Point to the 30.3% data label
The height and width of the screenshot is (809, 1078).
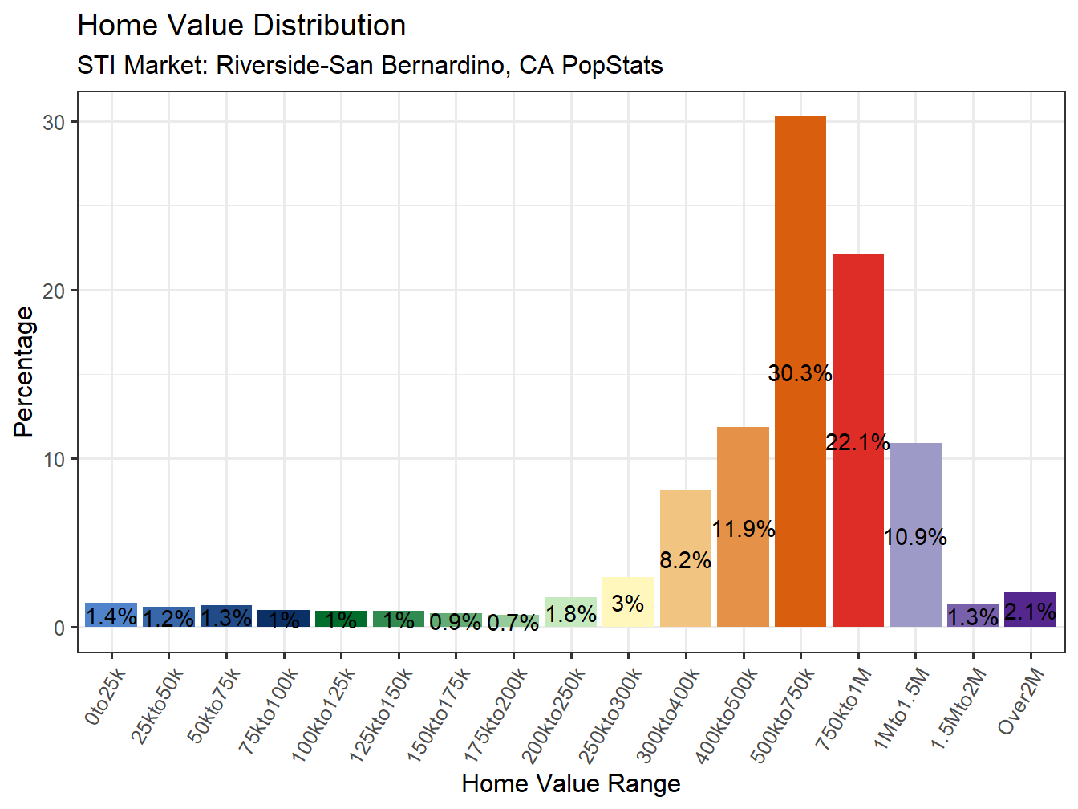click(800, 373)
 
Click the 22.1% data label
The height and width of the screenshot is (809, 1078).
click(857, 442)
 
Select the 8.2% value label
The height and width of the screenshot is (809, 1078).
click(685, 560)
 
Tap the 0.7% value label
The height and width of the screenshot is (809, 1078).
click(513, 623)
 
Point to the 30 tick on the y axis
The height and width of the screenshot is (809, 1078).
click(54, 123)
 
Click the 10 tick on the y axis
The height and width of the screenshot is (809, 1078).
click(54, 460)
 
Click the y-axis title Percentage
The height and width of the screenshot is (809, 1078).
click(24, 372)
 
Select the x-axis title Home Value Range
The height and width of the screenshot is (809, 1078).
click(571, 783)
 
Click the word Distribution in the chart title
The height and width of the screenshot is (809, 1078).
click(328, 26)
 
